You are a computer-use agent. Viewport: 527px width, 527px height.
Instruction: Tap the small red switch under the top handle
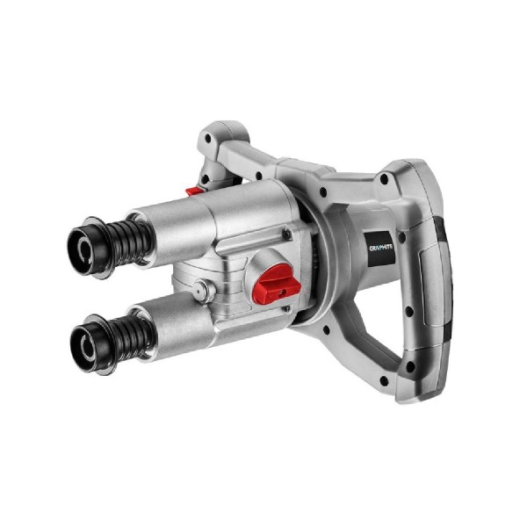(x=194, y=191)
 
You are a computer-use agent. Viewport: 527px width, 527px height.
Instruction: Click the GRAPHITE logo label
(x=381, y=248)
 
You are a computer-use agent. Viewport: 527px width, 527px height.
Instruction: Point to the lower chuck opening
(x=87, y=343)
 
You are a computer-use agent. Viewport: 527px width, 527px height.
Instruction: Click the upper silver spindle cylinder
(x=174, y=233)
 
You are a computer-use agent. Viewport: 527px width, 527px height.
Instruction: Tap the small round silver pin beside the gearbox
(x=202, y=289)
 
